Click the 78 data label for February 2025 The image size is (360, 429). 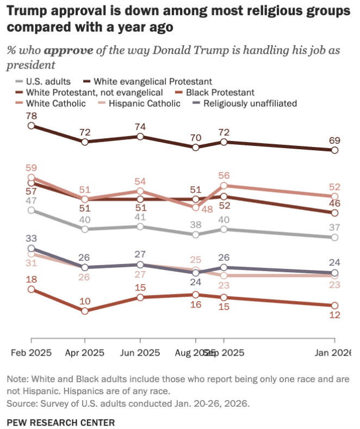tap(31, 115)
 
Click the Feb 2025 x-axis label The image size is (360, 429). tap(31, 352)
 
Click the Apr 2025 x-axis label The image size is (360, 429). tap(85, 352)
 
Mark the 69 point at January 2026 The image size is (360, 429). tap(335, 150)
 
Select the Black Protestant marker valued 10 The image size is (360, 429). tap(85, 311)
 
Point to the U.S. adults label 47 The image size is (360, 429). tap(31, 200)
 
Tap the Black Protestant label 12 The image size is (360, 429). tap(335, 316)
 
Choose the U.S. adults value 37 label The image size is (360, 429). tap(335, 227)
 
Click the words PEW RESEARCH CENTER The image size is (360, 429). tap(61, 422)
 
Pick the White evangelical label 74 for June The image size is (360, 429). tap(140, 126)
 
